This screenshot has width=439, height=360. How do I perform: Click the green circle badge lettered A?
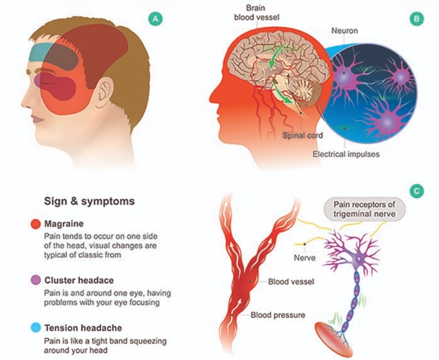pos(154,19)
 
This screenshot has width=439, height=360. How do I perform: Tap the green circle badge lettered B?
pos(416,19)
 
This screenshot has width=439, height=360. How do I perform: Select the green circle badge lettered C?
pos(415,189)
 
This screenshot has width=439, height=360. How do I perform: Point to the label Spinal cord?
pos(304,136)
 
